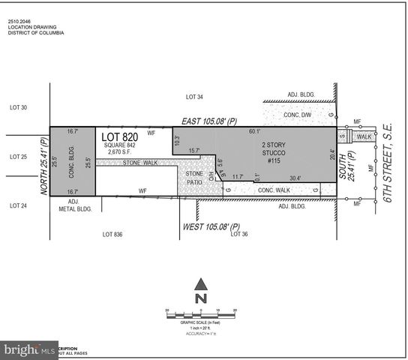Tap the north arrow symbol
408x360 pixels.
coord(200,291)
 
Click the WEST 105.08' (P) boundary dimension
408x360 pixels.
coord(212,226)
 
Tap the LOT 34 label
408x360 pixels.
coord(194,97)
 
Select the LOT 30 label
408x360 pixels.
coord(18,108)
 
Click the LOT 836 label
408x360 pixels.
coord(112,235)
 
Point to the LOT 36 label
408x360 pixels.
coord(239,235)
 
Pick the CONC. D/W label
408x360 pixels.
coord(297,115)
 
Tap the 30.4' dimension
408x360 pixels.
coord(295,178)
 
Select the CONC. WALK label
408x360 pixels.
coord(273,190)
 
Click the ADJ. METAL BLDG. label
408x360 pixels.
coord(79,205)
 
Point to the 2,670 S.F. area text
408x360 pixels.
coord(119,152)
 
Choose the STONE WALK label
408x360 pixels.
coord(133,163)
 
